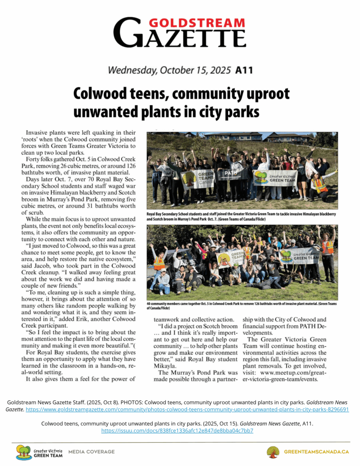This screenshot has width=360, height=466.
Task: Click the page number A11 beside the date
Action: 244,70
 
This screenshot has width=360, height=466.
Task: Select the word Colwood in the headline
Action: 102,94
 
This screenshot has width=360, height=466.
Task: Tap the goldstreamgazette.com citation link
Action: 187,409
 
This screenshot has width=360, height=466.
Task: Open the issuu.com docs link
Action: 177,430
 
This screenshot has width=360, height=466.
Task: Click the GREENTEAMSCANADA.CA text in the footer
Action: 316,451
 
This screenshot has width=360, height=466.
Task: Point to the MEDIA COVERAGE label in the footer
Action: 91,451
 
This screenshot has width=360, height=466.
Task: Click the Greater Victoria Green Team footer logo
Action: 39,452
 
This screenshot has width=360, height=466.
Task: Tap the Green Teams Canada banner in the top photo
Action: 197,178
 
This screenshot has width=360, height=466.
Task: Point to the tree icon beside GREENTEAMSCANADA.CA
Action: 273,451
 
